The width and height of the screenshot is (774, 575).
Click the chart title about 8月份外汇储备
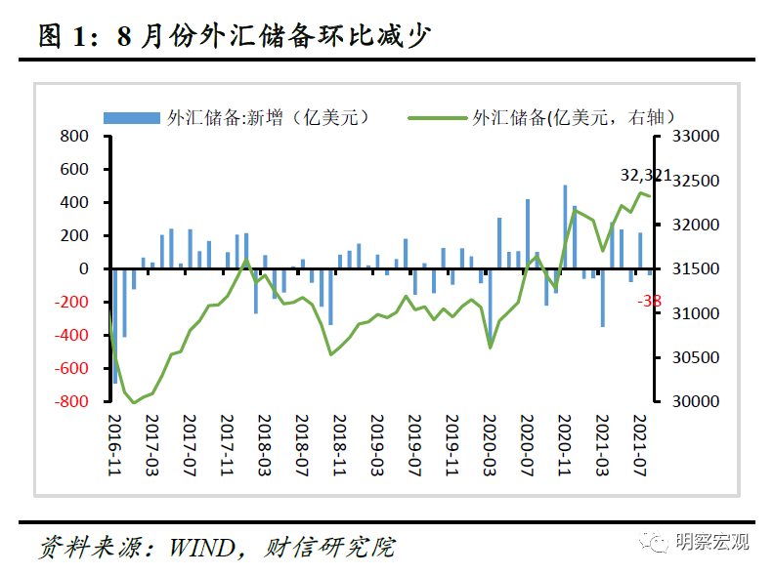235,36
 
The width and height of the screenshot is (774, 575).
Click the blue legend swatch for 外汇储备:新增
131,117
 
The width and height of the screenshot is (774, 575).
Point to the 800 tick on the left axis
75,136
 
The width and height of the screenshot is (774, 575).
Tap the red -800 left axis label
71,401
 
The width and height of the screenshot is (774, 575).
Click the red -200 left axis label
71,302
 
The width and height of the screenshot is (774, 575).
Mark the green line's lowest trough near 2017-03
134,402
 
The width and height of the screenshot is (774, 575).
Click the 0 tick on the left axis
84,268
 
